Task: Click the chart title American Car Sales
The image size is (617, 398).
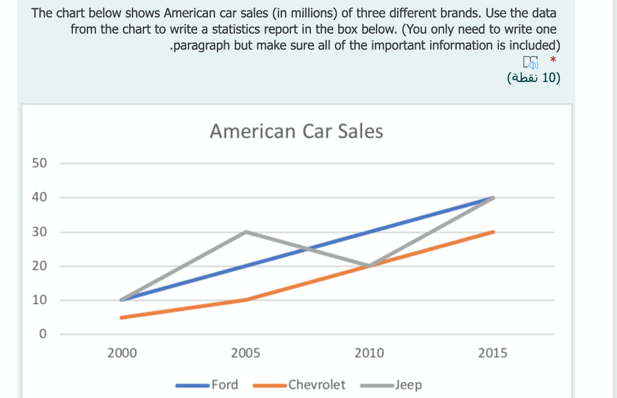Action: [296, 131]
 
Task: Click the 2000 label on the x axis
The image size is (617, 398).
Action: [122, 353]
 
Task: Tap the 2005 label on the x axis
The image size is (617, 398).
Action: [246, 353]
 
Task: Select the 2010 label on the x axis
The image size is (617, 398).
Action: [369, 353]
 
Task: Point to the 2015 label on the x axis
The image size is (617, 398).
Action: [493, 353]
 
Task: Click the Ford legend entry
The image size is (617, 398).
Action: [224, 385]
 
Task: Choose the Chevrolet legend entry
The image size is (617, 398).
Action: [316, 385]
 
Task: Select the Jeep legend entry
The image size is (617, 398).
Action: [408, 385]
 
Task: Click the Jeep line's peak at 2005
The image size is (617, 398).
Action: [246, 232]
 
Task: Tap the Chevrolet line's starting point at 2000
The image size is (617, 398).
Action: [122, 317]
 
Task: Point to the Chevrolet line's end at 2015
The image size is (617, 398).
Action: [493, 232]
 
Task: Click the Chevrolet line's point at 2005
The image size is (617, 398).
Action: [246, 300]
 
